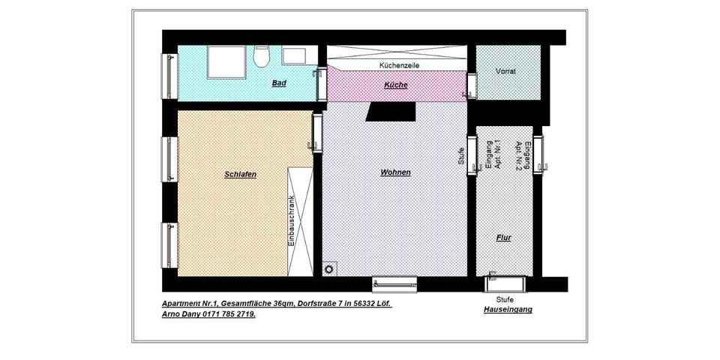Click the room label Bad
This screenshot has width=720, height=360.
point(279,83)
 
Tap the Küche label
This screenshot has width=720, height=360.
point(395,85)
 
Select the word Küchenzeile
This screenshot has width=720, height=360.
point(398,66)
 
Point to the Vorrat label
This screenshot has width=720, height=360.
point(505,71)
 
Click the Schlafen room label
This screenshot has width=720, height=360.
point(240,174)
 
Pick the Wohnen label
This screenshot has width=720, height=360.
point(395,172)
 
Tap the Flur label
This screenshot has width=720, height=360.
point(503,238)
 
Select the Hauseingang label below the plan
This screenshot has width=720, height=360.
point(508,309)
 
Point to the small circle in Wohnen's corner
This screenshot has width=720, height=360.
point(328,268)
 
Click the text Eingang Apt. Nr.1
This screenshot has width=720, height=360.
point(493,156)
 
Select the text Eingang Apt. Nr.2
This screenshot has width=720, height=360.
point(523,156)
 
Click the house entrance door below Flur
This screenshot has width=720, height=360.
point(506,282)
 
